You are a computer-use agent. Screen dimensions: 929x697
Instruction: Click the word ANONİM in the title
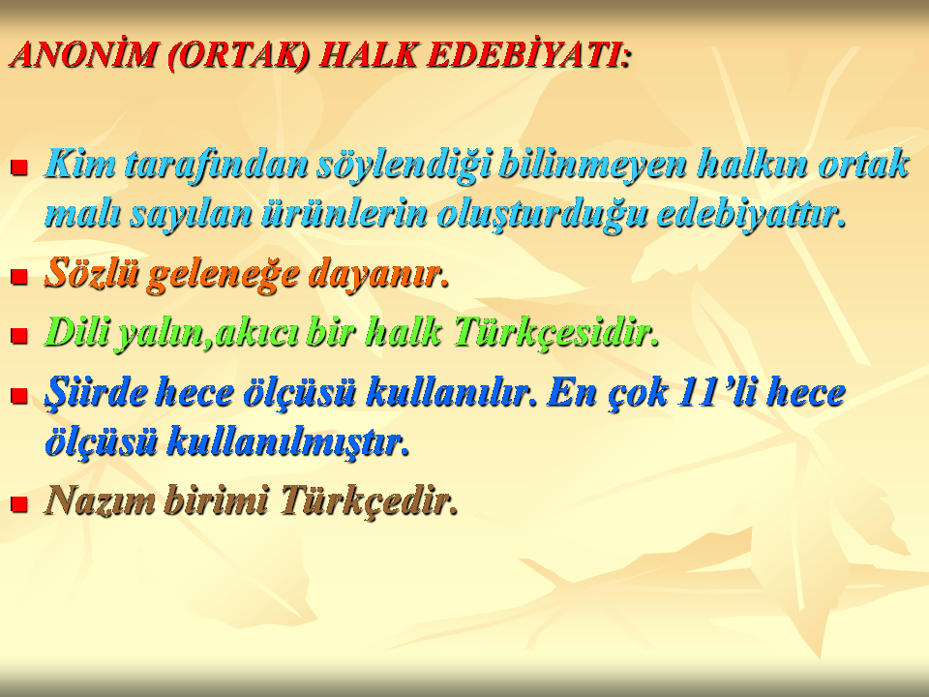coord(84,55)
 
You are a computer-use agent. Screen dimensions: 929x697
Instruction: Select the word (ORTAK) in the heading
coord(238,56)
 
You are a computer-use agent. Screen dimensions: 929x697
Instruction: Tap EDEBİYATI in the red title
coord(526,55)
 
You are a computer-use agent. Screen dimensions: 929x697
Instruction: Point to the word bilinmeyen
coord(592,165)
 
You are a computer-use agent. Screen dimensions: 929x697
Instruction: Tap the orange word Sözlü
coord(92,273)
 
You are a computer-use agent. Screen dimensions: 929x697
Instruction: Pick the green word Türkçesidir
coord(555,332)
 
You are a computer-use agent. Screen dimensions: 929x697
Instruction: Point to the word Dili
coord(77,331)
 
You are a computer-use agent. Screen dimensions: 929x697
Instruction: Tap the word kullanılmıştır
coord(288,441)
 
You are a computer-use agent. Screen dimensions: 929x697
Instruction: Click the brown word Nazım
coord(100,500)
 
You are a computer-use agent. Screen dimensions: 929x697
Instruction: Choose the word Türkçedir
coord(369,500)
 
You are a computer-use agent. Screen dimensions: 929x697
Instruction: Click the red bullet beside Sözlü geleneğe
coord(19,276)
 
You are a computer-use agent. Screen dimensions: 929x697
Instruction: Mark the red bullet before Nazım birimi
coord(19,503)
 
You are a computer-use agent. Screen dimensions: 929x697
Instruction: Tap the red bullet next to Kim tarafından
coord(19,167)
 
